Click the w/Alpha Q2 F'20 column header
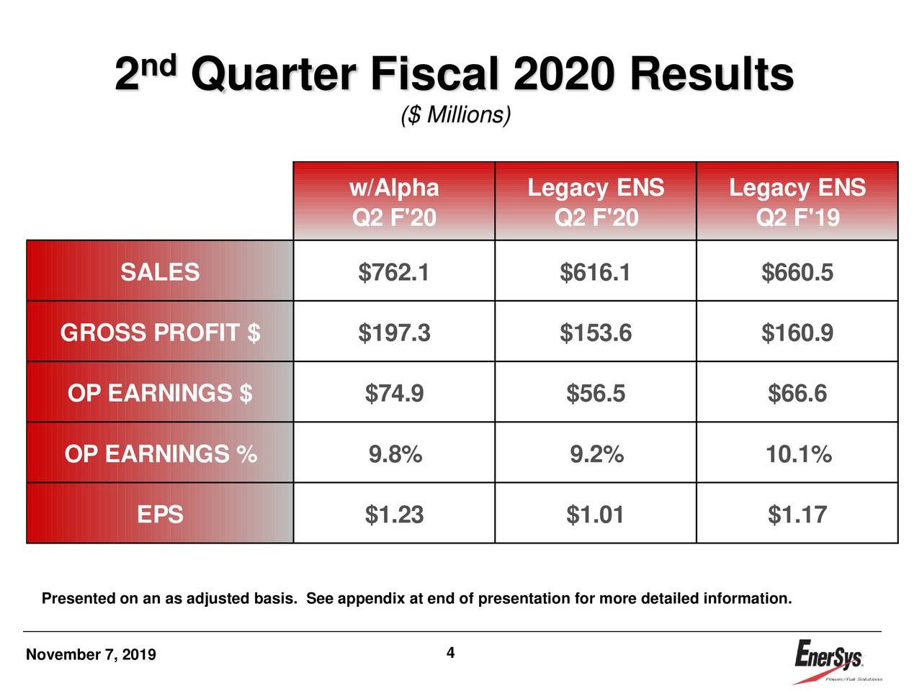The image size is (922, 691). coord(394,202)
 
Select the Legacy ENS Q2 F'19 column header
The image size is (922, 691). coord(797,202)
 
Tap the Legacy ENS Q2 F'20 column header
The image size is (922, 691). coord(596,202)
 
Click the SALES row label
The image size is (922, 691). coord(160,272)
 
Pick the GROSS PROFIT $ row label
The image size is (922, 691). coord(160,333)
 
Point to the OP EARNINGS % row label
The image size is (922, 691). coord(160,454)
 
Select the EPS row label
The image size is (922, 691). coord(160,515)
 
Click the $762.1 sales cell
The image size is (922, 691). coord(394,272)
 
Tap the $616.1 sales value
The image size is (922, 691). coord(596,272)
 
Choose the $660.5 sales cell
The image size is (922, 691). coord(797,272)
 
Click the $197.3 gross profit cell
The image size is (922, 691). coord(394,333)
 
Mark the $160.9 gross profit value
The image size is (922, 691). coord(797,333)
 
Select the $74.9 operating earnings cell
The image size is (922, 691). coord(394,394)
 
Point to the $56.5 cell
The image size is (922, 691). coord(596,394)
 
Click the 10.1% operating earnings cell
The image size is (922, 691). coord(797,454)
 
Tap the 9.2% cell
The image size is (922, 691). coord(596,454)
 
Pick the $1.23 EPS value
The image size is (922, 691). coord(394,515)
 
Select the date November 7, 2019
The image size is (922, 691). coord(91,655)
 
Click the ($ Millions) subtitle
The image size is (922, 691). coord(455,115)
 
